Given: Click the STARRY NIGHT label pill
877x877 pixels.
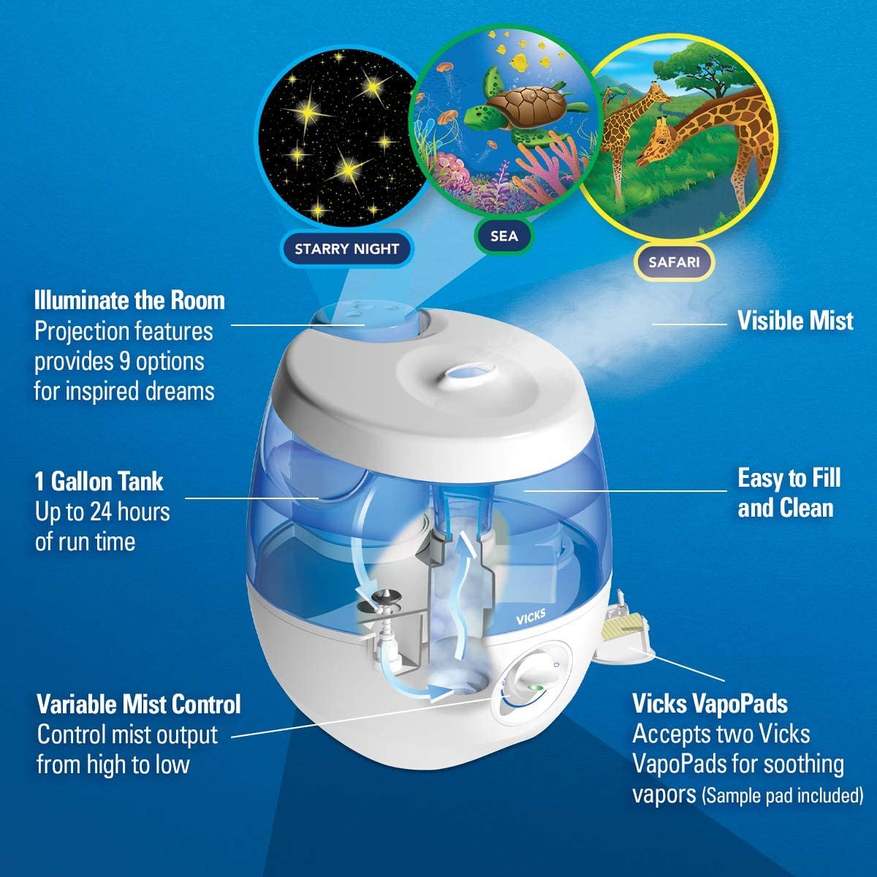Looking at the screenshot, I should click(346, 248).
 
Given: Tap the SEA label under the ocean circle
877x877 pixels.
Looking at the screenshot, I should click(504, 235).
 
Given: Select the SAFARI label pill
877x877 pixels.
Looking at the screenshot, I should click(673, 261).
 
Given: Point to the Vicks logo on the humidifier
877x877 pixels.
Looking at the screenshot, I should click(530, 615).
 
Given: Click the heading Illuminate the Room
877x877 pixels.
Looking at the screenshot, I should click(129, 300).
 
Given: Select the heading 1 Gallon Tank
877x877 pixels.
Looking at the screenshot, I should click(99, 482).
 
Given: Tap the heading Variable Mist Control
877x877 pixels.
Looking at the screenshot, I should click(139, 705).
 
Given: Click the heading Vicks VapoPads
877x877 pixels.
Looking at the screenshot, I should click(710, 704).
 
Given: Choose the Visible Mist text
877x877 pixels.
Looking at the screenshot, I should click(794, 321).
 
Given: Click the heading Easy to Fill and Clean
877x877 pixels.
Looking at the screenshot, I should click(789, 493).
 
